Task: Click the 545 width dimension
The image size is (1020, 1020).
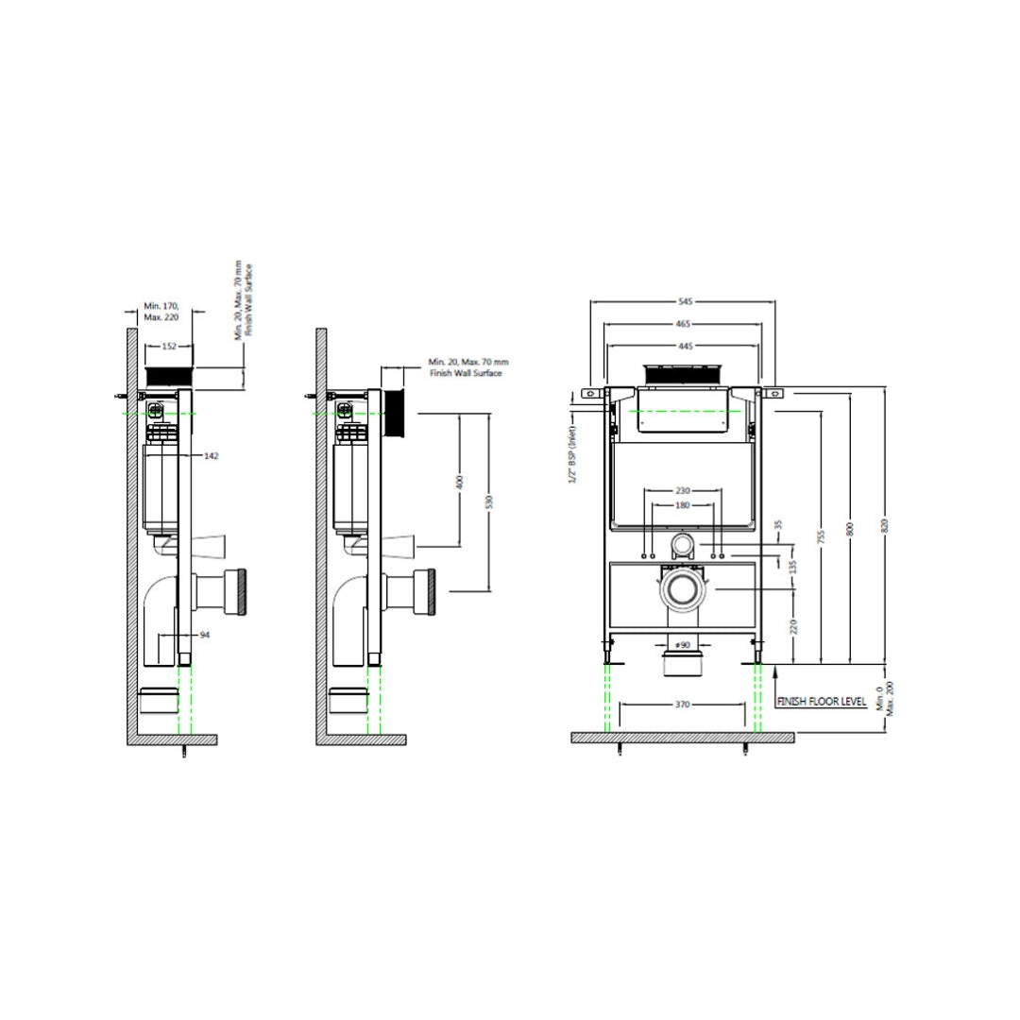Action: coord(685,301)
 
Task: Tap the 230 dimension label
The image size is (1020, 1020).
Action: coord(683,491)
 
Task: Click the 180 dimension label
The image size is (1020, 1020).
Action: coord(683,505)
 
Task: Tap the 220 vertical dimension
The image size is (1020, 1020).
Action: coord(793,624)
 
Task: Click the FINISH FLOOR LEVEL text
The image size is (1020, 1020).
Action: coord(821,703)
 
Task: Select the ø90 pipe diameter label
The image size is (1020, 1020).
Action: coord(682,643)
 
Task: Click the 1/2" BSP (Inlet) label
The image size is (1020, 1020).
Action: coord(573,454)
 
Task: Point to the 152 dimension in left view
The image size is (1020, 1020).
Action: coord(170,347)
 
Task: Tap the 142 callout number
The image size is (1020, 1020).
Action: coord(211,455)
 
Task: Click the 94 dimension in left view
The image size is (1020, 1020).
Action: coord(204,635)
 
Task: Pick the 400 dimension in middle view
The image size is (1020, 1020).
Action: coord(459,481)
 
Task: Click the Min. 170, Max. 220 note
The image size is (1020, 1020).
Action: coord(161,312)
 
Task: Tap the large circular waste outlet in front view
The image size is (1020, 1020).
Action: coord(681,590)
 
